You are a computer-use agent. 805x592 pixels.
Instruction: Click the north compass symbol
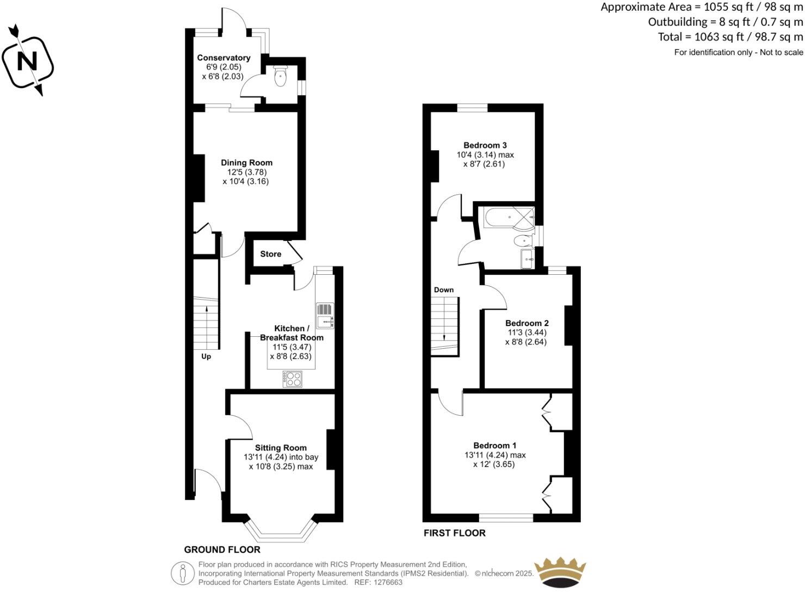(28, 61)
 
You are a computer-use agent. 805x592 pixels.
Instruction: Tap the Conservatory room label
(224, 58)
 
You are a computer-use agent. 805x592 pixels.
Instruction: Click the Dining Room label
(246, 163)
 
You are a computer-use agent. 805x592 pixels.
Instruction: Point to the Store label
(270, 254)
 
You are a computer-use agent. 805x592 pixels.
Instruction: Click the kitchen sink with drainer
(325, 316)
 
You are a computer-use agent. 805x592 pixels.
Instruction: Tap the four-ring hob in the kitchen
(293, 379)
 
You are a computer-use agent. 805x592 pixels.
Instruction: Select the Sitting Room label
(281, 448)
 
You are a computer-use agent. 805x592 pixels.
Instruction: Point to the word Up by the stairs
(206, 357)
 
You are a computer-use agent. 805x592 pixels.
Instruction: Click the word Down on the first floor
(444, 290)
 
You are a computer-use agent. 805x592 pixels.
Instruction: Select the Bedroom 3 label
(485, 145)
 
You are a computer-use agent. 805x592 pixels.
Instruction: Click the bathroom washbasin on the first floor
(527, 260)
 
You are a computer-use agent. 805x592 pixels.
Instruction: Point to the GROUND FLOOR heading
(222, 550)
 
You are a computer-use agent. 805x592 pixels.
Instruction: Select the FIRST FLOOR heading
(455, 533)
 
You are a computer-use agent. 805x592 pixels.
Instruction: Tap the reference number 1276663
(386, 582)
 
